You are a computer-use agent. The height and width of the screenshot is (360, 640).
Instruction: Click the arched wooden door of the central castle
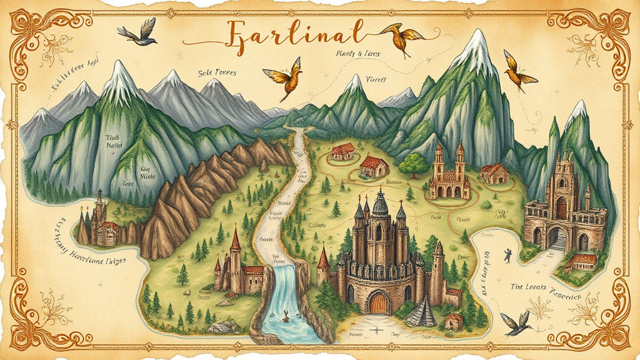378,302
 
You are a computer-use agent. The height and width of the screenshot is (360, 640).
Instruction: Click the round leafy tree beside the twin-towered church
413,164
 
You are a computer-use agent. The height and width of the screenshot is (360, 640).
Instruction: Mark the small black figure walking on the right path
507,254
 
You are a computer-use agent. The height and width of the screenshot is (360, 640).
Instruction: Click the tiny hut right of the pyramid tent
454,321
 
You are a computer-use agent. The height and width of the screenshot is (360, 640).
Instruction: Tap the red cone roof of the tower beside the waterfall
236,238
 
